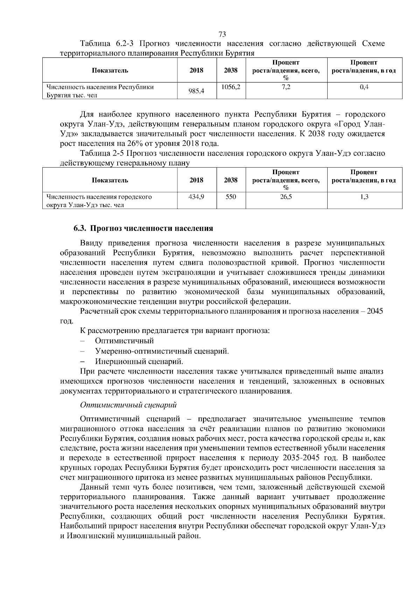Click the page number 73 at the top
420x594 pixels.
(x=222, y=34)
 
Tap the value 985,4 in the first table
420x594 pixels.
(x=196, y=92)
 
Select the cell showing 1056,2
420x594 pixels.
(x=231, y=87)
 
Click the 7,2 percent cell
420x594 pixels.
(x=286, y=87)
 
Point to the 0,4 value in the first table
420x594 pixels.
(x=364, y=87)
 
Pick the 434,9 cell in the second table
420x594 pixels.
(x=196, y=197)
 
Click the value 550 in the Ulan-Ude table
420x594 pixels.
(x=231, y=197)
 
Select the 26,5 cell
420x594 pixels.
(x=286, y=197)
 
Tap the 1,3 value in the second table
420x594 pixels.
(x=364, y=197)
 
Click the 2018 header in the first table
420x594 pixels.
(x=196, y=70)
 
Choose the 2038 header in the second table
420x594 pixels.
(x=231, y=180)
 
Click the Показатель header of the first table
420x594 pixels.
(x=110, y=70)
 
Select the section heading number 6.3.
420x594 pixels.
(x=80, y=228)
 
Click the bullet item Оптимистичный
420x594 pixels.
(x=124, y=341)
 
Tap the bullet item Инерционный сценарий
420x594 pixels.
(x=139, y=361)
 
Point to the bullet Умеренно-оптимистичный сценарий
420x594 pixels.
(x=162, y=351)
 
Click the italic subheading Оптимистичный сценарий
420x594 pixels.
(x=128, y=405)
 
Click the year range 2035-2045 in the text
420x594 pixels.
(x=299, y=458)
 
